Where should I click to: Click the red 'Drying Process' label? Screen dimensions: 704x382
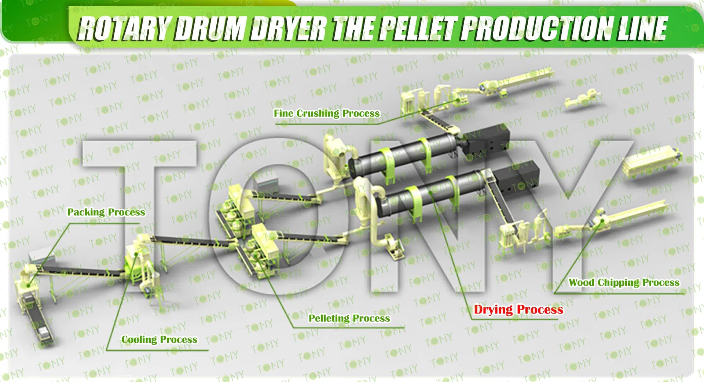point(518,310)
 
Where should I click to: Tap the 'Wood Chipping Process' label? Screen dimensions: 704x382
point(624,283)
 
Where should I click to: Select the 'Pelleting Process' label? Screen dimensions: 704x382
point(349,318)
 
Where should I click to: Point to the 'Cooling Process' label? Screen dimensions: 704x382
point(159,340)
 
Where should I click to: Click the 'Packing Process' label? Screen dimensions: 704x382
point(106,212)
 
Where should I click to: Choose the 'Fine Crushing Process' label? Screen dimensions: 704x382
point(327,114)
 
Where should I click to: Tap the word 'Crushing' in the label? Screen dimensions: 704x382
point(318,114)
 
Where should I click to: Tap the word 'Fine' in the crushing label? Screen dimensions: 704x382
point(283,114)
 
